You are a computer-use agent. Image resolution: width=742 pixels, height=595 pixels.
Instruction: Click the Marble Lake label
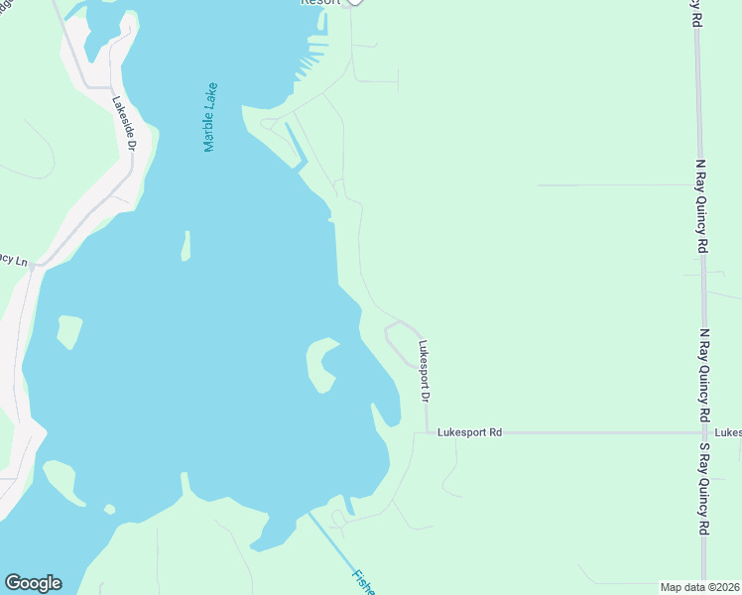(x=210, y=117)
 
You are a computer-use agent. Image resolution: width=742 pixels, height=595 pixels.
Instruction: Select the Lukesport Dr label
(x=424, y=371)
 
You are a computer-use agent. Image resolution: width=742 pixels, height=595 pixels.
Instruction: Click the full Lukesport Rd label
(x=469, y=432)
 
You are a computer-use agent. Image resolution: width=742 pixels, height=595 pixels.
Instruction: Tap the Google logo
(x=32, y=583)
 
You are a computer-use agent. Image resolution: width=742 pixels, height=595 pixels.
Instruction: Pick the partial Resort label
(x=320, y=3)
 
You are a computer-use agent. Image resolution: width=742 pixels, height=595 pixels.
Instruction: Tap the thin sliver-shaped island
(x=185, y=246)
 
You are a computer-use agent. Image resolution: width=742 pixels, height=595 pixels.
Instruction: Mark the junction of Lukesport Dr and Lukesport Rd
(x=427, y=432)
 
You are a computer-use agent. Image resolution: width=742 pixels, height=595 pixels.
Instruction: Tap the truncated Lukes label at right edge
(x=728, y=432)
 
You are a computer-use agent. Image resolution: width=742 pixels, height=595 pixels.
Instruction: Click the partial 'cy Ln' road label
(x=14, y=260)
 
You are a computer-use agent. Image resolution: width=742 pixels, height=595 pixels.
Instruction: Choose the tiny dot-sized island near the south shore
(x=109, y=510)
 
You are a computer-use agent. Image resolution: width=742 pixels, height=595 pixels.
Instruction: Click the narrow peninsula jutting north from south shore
(x=185, y=483)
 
